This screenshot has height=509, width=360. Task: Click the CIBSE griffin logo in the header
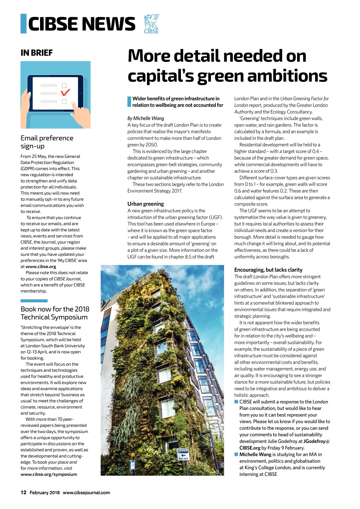click(x=152, y=24)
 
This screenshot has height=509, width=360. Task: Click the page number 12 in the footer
click(x=24, y=492)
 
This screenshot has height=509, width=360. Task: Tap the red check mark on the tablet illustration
click(x=65, y=92)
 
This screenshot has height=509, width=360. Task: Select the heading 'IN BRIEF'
click(x=37, y=53)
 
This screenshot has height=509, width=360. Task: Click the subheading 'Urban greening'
click(x=146, y=204)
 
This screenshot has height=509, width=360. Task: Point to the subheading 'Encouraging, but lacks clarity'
click(x=268, y=270)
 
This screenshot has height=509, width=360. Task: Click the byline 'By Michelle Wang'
click(x=146, y=118)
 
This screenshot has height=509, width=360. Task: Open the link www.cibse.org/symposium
click(x=49, y=475)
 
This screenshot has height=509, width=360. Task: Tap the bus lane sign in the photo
click(x=183, y=454)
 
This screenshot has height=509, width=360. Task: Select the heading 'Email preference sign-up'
click(x=47, y=142)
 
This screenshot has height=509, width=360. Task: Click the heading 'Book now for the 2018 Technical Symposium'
click(x=55, y=313)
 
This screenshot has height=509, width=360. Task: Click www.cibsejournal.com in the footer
click(x=86, y=493)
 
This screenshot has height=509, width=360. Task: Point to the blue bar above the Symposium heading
click(x=34, y=301)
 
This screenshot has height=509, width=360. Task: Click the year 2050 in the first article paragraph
click(x=152, y=145)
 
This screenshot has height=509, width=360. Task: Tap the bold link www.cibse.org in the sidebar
click(x=41, y=267)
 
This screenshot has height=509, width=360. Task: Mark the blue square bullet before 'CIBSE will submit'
click(x=236, y=402)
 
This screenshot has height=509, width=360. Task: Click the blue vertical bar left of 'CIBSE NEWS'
click(x=24, y=24)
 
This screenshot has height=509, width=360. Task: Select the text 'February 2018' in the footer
click(x=45, y=493)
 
